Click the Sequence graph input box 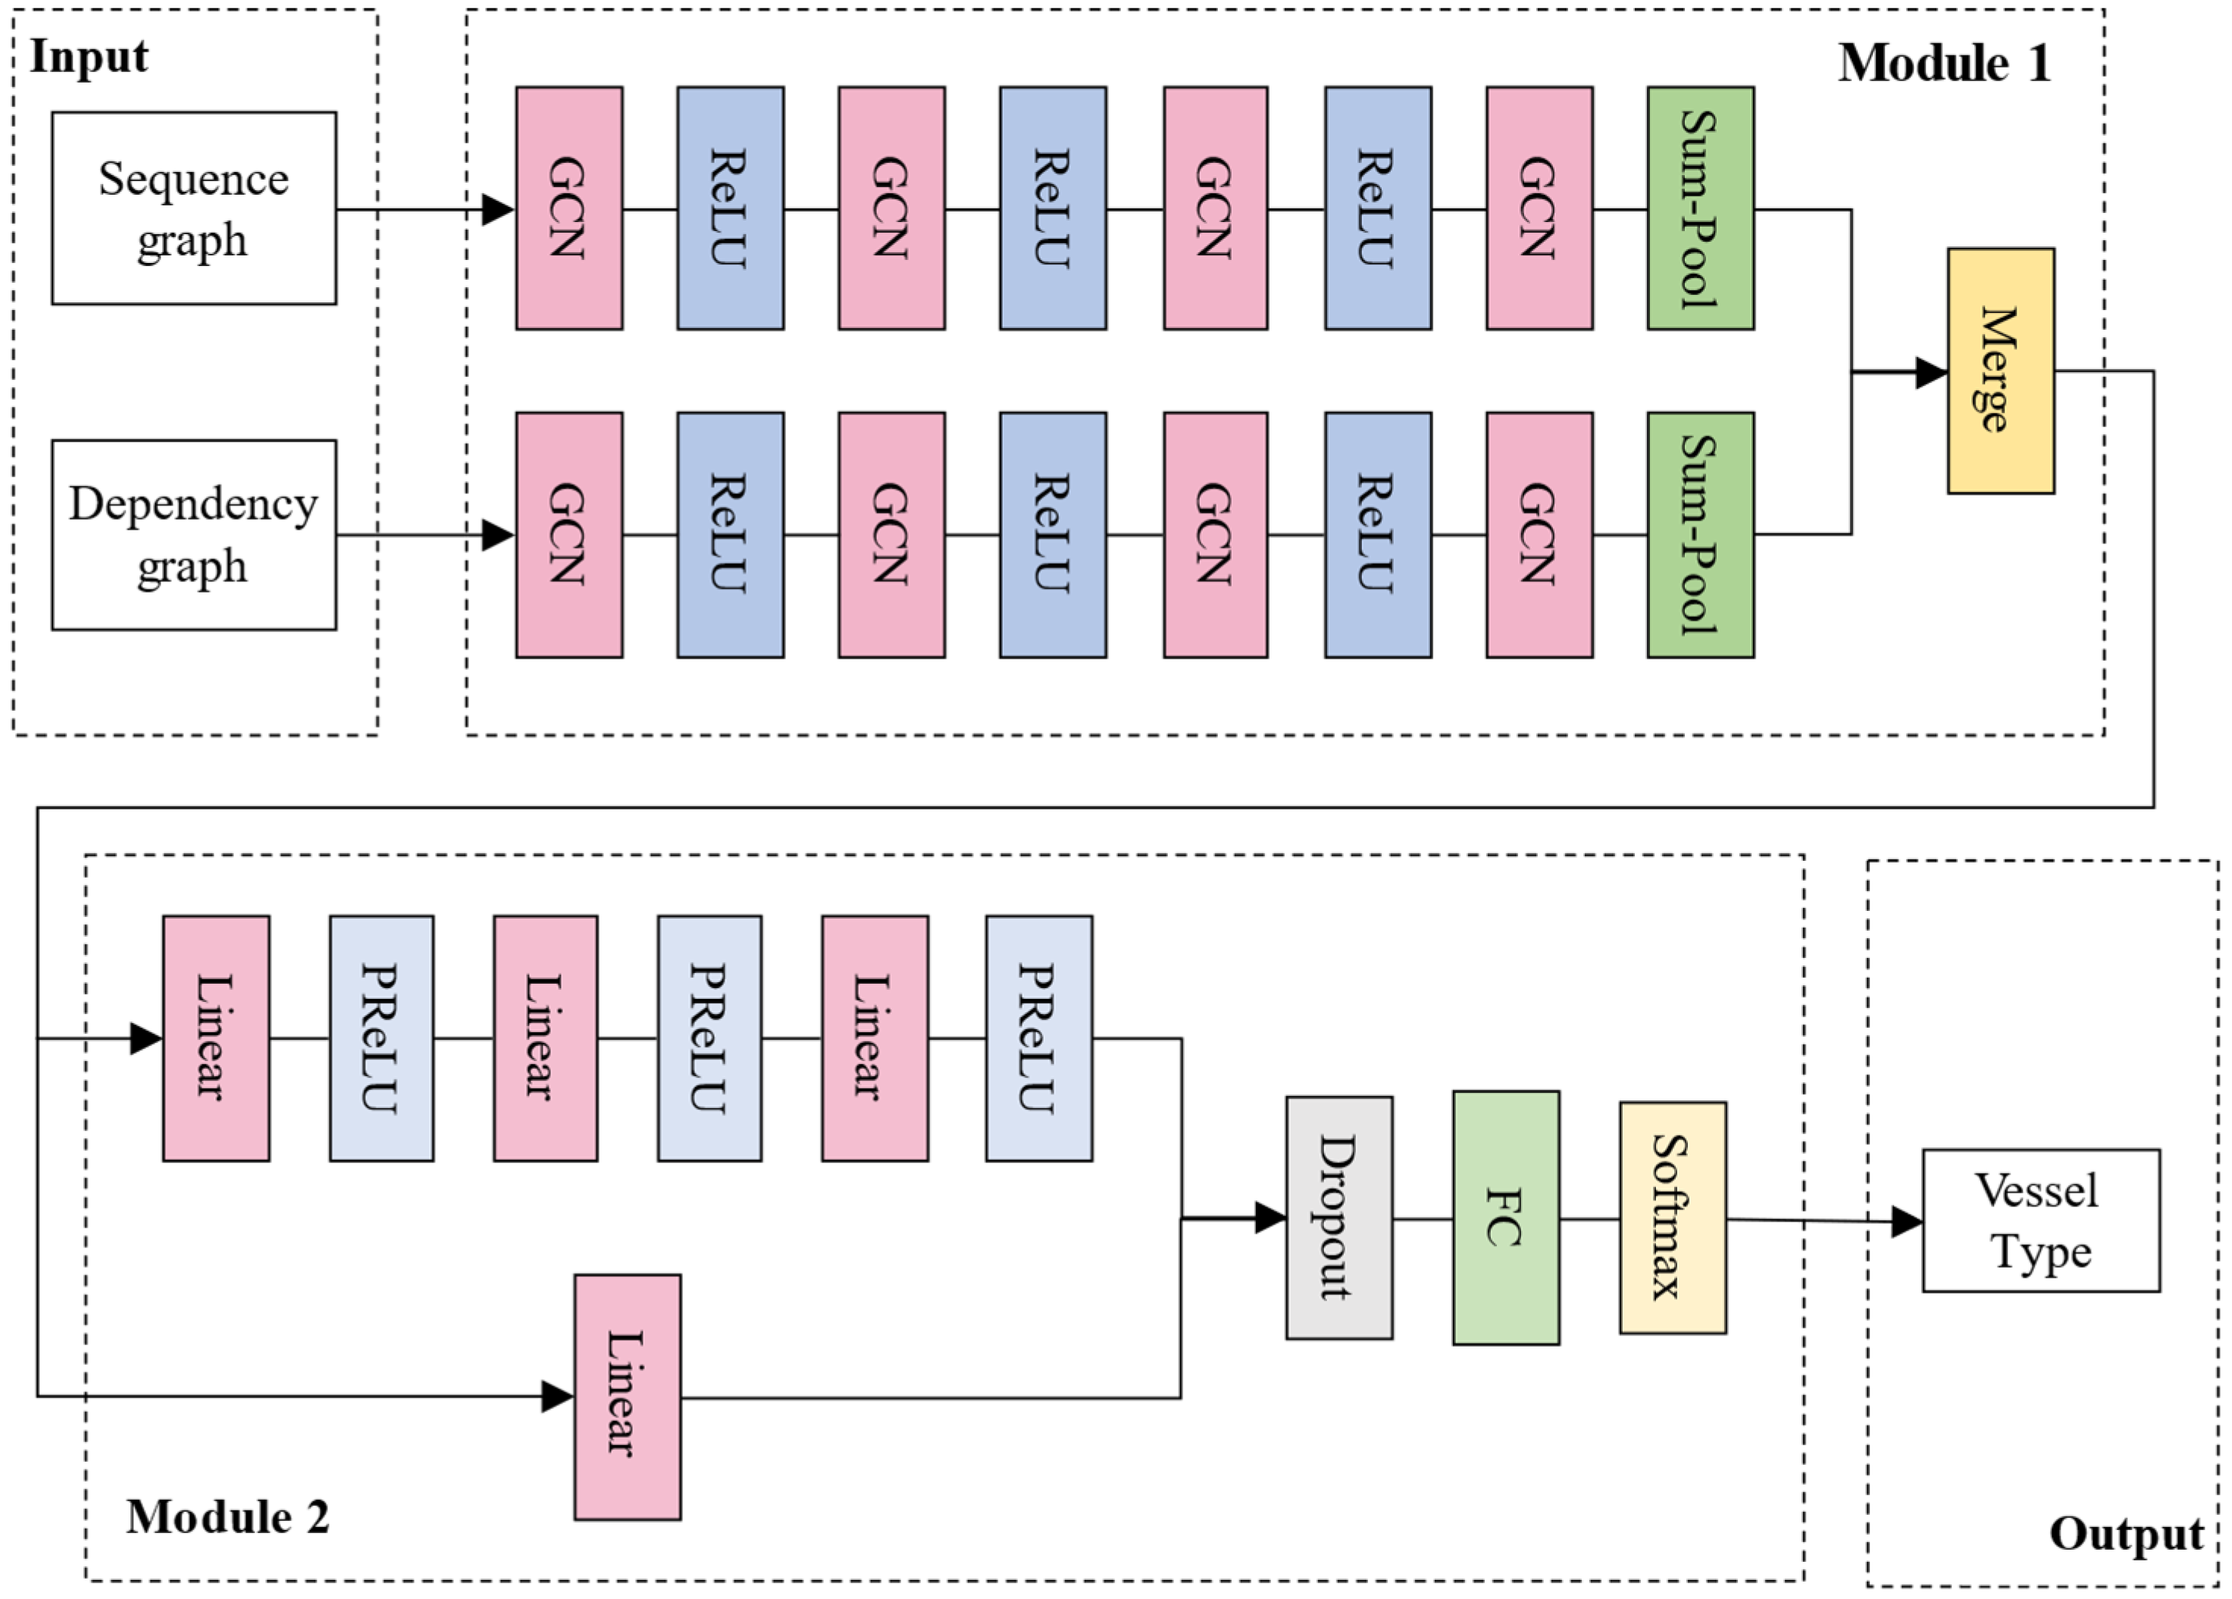click(x=194, y=208)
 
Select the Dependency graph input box click(x=194, y=534)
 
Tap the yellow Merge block click(x=2000, y=371)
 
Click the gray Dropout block click(x=1338, y=1217)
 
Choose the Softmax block click(x=1672, y=1217)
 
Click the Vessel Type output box click(x=2040, y=1220)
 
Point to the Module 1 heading click(x=1945, y=63)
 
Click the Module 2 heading click(x=227, y=1516)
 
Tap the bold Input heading click(x=89, y=56)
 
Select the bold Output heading click(x=2126, y=1533)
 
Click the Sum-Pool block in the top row click(x=1700, y=208)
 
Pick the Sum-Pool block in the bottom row click(x=1700, y=534)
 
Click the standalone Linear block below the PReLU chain click(x=627, y=1397)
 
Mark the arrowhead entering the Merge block click(x=1932, y=372)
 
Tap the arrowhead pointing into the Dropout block click(x=1270, y=1217)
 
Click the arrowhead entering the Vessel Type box click(x=1906, y=1222)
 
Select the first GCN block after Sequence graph click(x=569, y=208)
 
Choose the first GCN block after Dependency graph click(x=569, y=534)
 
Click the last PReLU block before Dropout click(x=1038, y=1038)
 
